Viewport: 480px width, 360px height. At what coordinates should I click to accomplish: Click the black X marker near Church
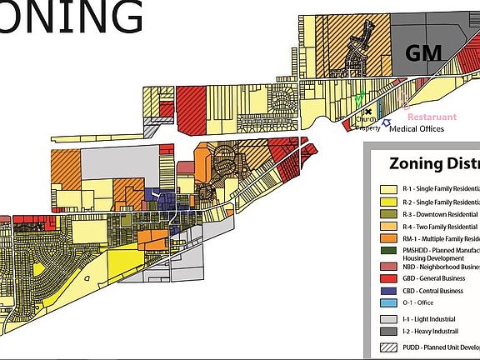[367, 112]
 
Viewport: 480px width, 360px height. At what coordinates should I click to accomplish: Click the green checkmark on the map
[358, 98]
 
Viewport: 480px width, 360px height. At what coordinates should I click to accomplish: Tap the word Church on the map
[364, 118]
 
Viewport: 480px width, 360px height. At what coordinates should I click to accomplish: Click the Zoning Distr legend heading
[430, 163]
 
